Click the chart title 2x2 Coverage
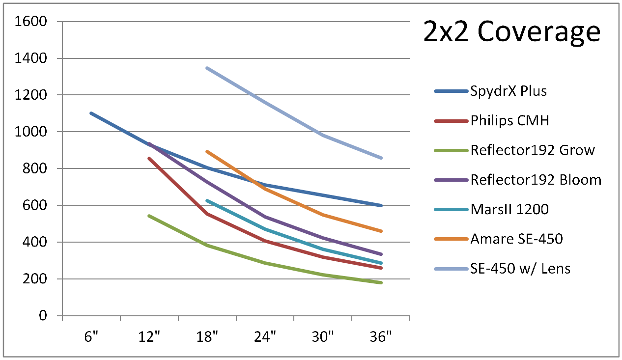pyautogui.click(x=512, y=32)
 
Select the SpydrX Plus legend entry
pyautogui.click(x=509, y=91)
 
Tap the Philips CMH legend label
pyautogui.click(x=509, y=120)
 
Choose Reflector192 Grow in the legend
pyautogui.click(x=533, y=150)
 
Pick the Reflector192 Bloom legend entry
pyautogui.click(x=536, y=180)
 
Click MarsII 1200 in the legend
pyautogui.click(x=509, y=209)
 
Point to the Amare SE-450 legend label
pyautogui.click(x=516, y=239)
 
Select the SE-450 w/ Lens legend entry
pyautogui.click(x=520, y=269)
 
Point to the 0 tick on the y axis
pyautogui.click(x=43, y=316)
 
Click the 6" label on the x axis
pyautogui.click(x=91, y=338)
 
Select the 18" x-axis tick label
pyautogui.click(x=207, y=338)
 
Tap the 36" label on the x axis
pyautogui.click(x=381, y=338)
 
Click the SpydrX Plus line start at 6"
pyautogui.click(x=91, y=113)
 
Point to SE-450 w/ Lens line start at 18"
pyautogui.click(x=207, y=68)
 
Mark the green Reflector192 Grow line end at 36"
pyautogui.click(x=381, y=283)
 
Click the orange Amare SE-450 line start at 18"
pyautogui.click(x=207, y=151)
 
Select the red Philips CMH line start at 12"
pyautogui.click(x=149, y=158)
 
